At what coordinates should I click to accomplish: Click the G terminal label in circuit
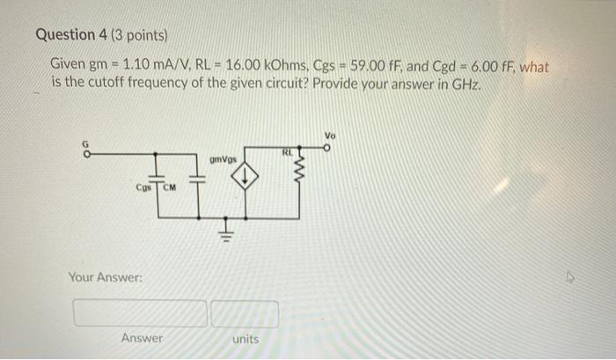pyautogui.click(x=86, y=144)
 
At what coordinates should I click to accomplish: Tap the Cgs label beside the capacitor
pyautogui.click(x=144, y=187)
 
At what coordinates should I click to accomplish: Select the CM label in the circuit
pyautogui.click(x=170, y=187)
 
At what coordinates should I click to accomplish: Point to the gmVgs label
pyautogui.click(x=223, y=159)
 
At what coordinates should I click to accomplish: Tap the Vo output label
pyautogui.click(x=330, y=136)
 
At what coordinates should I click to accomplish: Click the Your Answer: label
pyautogui.click(x=106, y=278)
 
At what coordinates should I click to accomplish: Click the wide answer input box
pyautogui.click(x=141, y=313)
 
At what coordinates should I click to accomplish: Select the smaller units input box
pyautogui.click(x=245, y=313)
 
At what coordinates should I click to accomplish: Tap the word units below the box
pyautogui.click(x=245, y=339)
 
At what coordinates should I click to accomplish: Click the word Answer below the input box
pyautogui.click(x=142, y=338)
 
